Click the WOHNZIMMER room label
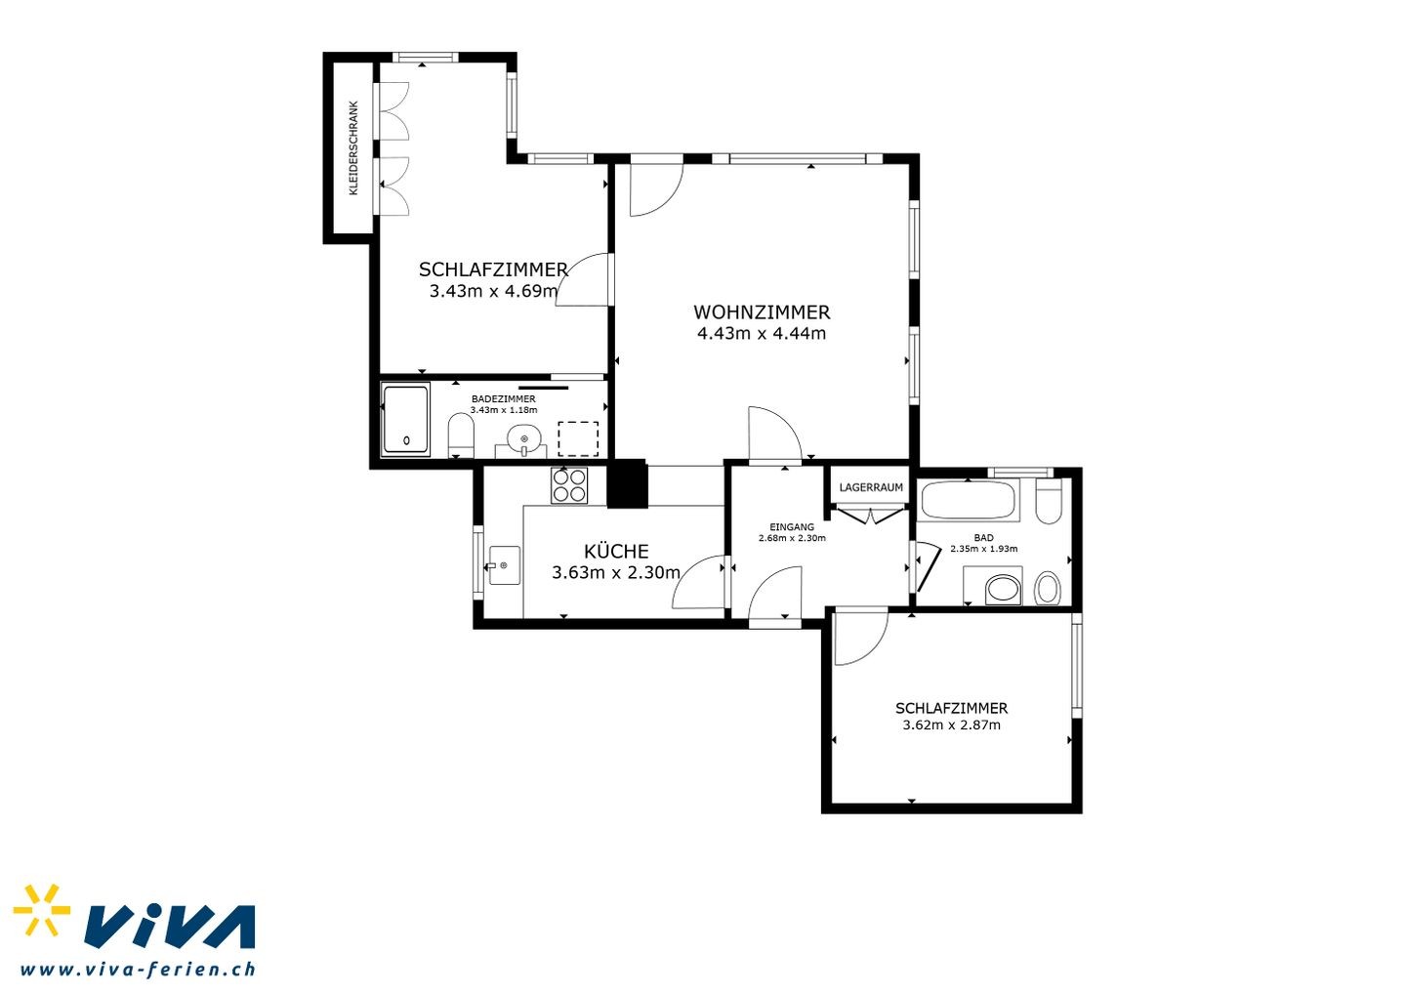[x=762, y=311]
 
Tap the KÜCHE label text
[x=616, y=551]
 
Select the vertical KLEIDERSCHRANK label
[x=353, y=148]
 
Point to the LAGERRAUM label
[x=871, y=487]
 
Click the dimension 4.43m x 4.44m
[x=762, y=333]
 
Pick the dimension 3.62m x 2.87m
[x=952, y=725]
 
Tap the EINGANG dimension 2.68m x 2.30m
[x=792, y=538]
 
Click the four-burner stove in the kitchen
[x=569, y=485]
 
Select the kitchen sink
[x=505, y=565]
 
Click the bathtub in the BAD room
[x=968, y=500]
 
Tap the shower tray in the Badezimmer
[x=406, y=419]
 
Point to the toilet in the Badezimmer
[x=461, y=435]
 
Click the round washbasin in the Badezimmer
[x=524, y=438]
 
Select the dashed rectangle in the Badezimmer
[x=578, y=439]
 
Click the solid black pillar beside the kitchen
[x=627, y=483]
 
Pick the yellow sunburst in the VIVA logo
[x=42, y=910]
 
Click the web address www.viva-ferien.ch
[x=138, y=970]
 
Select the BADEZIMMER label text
[x=504, y=399]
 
